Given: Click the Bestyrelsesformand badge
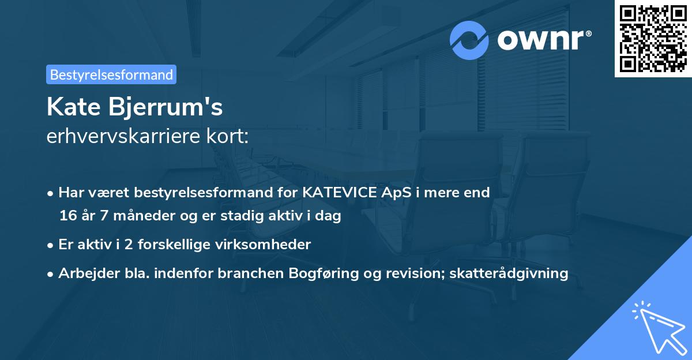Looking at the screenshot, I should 111,74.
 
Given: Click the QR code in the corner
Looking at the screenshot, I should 653,39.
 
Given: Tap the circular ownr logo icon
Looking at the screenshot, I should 470,40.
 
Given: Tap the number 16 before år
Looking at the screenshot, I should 67,216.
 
